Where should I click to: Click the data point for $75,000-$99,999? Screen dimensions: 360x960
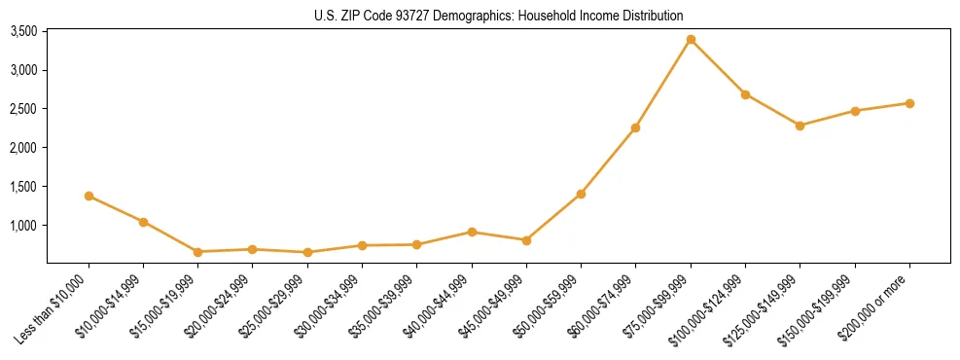[x=691, y=40]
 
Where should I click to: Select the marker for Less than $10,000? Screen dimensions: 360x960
[x=89, y=196]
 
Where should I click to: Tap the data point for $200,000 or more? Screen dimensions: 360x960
[x=909, y=103]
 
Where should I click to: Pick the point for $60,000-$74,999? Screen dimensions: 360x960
[x=635, y=127]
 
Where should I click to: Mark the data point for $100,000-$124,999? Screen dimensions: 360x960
[x=745, y=94]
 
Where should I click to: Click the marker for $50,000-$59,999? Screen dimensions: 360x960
[x=581, y=194]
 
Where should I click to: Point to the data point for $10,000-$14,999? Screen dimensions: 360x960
[x=144, y=222]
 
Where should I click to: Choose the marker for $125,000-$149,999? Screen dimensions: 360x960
[x=800, y=126]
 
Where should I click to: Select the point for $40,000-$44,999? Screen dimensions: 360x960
[x=472, y=232]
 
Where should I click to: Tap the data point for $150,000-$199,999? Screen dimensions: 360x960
[x=855, y=111]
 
